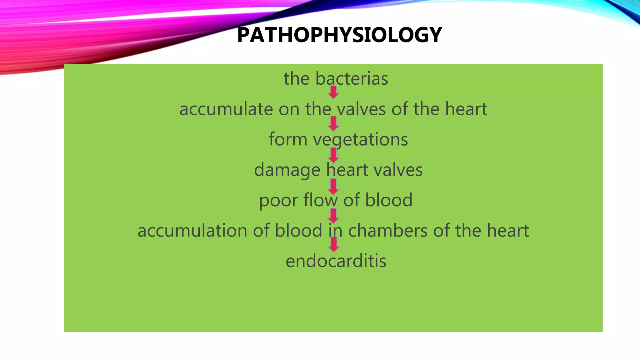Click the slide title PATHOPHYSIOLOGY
(339, 35)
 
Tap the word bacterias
(352, 78)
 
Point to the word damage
(287, 170)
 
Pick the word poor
(278, 200)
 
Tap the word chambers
(388, 231)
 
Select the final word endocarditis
(336, 261)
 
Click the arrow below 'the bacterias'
(333, 92)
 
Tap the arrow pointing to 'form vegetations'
(333, 123)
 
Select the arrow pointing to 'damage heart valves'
(333, 155)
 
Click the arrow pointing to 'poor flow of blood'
(333, 186)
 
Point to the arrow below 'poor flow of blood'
(333, 216)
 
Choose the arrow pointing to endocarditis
(334, 244)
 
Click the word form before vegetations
(288, 139)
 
